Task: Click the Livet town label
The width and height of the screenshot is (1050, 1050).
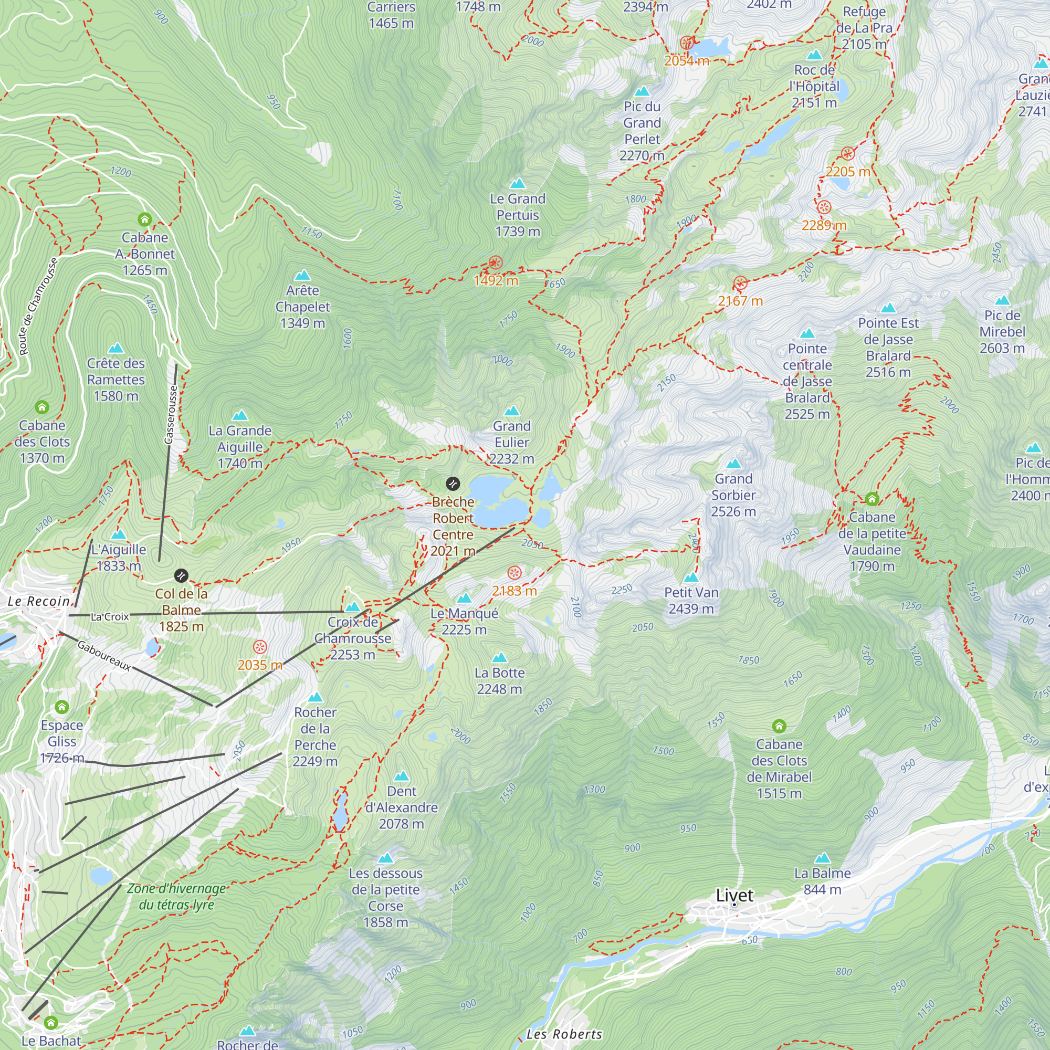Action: point(734,895)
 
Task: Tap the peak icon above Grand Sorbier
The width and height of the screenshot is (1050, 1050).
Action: point(734,464)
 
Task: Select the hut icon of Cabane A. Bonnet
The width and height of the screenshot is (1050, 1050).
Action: point(144,219)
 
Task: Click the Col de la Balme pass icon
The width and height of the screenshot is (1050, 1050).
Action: point(181,575)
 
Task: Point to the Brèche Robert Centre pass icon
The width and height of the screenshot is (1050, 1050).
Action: point(453,484)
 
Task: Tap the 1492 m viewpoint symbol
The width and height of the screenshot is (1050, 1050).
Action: point(495,263)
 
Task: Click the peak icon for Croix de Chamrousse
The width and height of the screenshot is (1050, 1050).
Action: point(353,606)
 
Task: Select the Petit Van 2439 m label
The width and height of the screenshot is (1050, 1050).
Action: point(691,601)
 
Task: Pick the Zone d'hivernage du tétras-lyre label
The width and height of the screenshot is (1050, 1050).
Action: point(176,897)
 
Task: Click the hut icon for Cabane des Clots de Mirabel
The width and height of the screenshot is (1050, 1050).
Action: point(779,726)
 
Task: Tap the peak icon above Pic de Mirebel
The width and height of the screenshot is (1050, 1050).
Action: point(1002,300)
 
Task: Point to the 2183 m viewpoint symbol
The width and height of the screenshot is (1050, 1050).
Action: point(514,573)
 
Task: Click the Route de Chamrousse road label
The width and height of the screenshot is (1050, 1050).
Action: point(37,307)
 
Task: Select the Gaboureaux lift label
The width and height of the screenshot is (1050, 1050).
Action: point(104,655)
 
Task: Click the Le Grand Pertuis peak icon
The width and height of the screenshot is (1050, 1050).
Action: point(518,184)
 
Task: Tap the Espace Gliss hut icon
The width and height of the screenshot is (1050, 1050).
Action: point(62,707)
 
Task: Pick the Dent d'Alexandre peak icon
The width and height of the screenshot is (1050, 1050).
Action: point(402,775)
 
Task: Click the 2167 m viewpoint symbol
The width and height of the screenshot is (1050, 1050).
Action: point(740,283)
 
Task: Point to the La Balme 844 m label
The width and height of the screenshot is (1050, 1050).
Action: point(822,881)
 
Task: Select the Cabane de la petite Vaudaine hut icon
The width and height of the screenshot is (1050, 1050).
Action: point(871,498)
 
